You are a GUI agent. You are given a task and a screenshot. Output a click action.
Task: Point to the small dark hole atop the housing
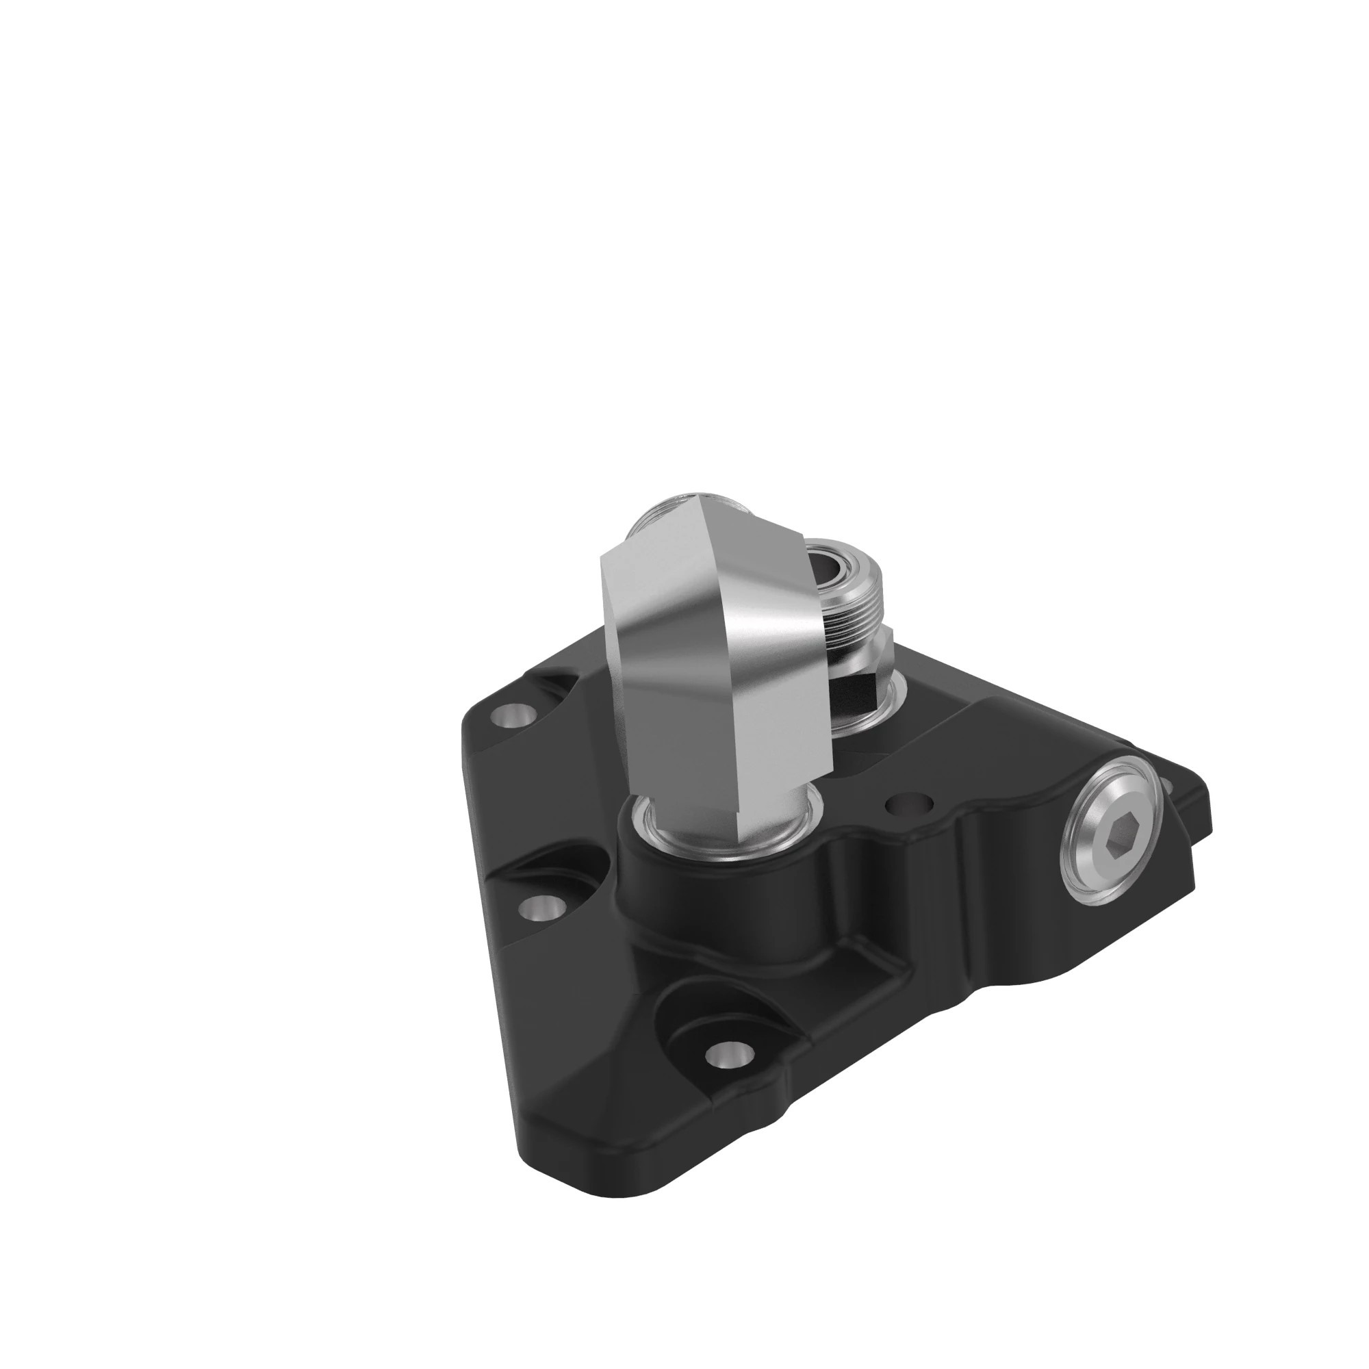click(909, 805)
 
